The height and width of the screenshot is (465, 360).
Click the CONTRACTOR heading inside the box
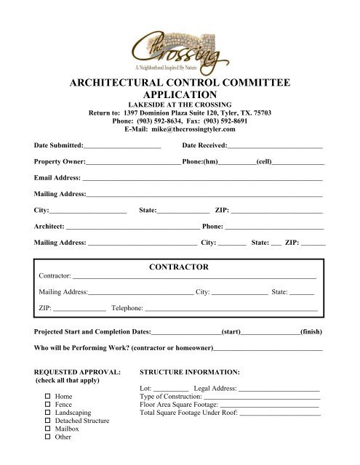pyautogui.click(x=179, y=267)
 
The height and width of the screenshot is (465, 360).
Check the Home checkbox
pyautogui.click(x=47, y=396)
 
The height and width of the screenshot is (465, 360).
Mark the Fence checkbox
pyautogui.click(x=47, y=404)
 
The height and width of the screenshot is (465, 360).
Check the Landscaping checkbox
pyautogui.click(x=47, y=413)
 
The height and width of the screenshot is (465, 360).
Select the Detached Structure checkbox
pyautogui.click(x=47, y=421)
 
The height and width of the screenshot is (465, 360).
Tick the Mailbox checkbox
pyautogui.click(x=47, y=429)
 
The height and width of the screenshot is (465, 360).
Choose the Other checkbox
pyautogui.click(x=47, y=437)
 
